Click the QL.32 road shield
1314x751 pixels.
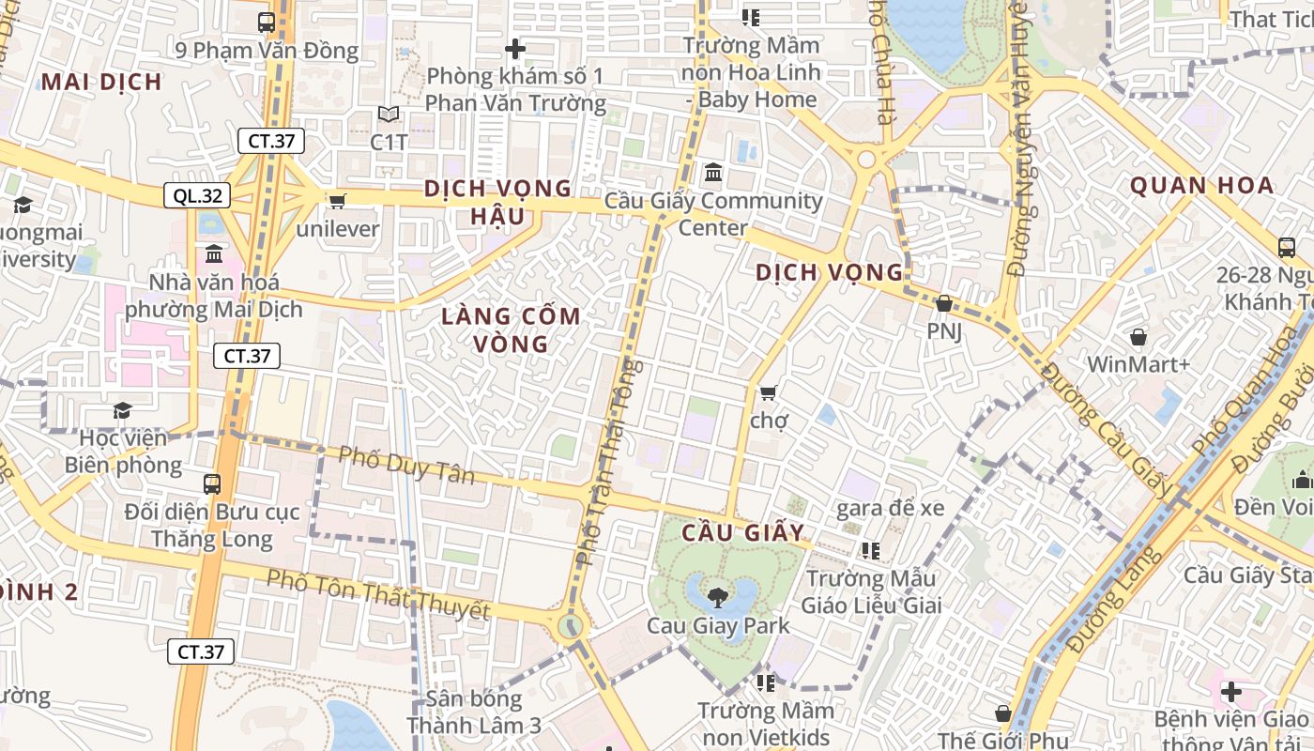197,195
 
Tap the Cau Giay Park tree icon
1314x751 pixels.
719,596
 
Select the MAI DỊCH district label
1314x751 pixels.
101,82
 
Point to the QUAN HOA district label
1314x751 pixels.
1201,185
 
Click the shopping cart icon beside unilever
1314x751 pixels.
337,200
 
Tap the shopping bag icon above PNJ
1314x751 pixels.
944,303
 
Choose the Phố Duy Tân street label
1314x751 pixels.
406,465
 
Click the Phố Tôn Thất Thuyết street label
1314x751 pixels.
378,594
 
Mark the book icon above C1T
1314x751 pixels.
389,115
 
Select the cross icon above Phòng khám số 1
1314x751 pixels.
515,49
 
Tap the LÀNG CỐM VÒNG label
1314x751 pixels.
512,330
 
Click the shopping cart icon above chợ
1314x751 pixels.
769,391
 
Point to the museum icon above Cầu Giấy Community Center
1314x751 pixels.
712,173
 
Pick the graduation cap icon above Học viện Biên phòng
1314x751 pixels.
122,410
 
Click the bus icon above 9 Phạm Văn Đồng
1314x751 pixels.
267,23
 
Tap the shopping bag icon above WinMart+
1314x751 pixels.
1138,336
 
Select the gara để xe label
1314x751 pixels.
890,508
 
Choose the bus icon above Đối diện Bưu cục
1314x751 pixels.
212,484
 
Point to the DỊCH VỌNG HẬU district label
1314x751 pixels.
497,202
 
